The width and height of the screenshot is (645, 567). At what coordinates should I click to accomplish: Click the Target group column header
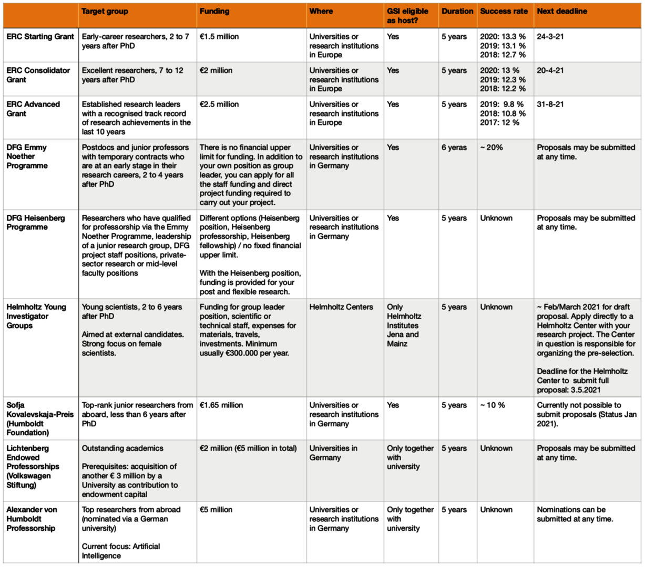(x=105, y=11)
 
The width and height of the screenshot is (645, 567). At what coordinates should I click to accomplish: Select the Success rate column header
(x=504, y=11)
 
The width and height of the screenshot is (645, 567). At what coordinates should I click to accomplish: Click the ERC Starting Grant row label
(x=40, y=37)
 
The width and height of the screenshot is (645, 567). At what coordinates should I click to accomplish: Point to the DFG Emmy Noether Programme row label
(x=27, y=156)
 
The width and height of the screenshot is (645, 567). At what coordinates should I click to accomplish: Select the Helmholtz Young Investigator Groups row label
(x=36, y=316)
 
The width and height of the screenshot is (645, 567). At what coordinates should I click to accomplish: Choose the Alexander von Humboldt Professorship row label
(x=31, y=519)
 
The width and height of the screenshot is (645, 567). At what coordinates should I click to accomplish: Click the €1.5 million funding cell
(x=219, y=37)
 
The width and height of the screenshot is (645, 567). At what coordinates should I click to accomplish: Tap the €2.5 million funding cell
(x=219, y=104)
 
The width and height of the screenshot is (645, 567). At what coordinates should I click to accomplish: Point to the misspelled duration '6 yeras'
(x=454, y=148)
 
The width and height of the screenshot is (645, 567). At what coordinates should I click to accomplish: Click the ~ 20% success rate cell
(x=492, y=148)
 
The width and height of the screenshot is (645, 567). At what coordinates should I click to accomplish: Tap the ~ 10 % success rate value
(x=493, y=405)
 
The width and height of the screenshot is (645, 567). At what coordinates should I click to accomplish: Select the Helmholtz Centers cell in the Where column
(x=341, y=307)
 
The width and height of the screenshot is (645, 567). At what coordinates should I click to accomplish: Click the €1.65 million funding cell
(x=221, y=405)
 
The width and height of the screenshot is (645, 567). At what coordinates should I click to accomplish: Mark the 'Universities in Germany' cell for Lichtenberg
(x=333, y=453)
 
